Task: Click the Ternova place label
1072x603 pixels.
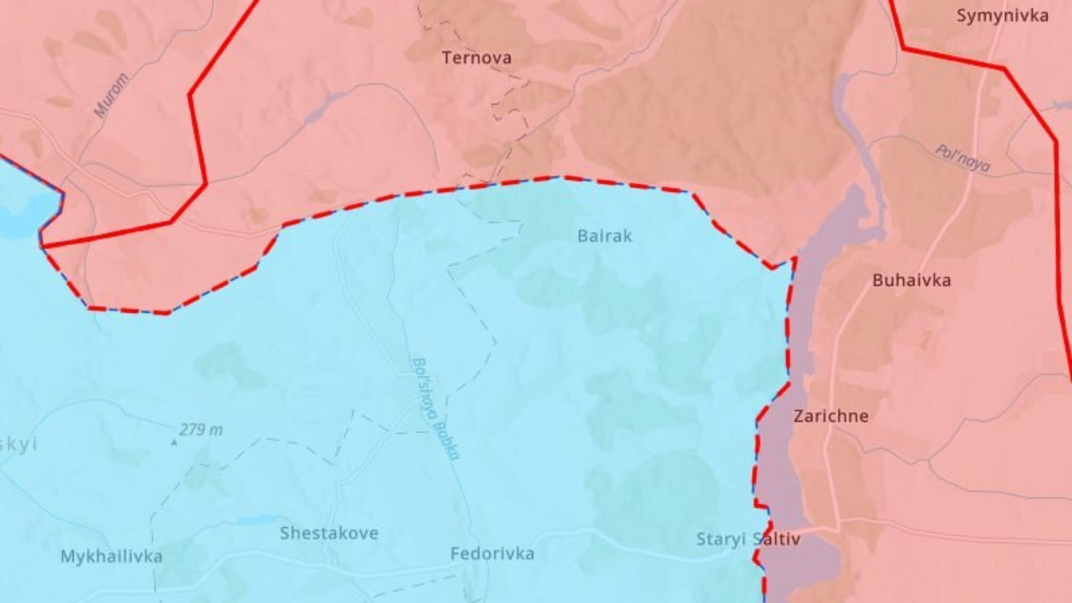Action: [476, 58]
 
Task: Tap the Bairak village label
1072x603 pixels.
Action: [605, 236]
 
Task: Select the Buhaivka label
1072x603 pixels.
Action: [911, 281]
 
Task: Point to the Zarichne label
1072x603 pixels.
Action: [831, 416]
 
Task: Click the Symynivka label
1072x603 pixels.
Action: [1002, 16]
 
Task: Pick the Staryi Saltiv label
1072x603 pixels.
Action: [748, 539]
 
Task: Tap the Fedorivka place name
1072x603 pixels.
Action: [492, 554]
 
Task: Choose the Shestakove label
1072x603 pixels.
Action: [329, 533]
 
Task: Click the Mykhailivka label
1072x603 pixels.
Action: [111, 557]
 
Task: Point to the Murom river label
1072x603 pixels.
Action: [111, 96]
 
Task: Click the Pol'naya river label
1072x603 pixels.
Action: [963, 158]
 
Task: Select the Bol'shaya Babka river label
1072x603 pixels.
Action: [436, 408]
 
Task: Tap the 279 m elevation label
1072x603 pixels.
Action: [201, 430]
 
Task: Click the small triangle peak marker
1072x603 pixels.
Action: [173, 442]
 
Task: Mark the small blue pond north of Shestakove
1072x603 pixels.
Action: [257, 519]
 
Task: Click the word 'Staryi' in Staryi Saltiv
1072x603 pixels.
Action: [720, 539]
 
